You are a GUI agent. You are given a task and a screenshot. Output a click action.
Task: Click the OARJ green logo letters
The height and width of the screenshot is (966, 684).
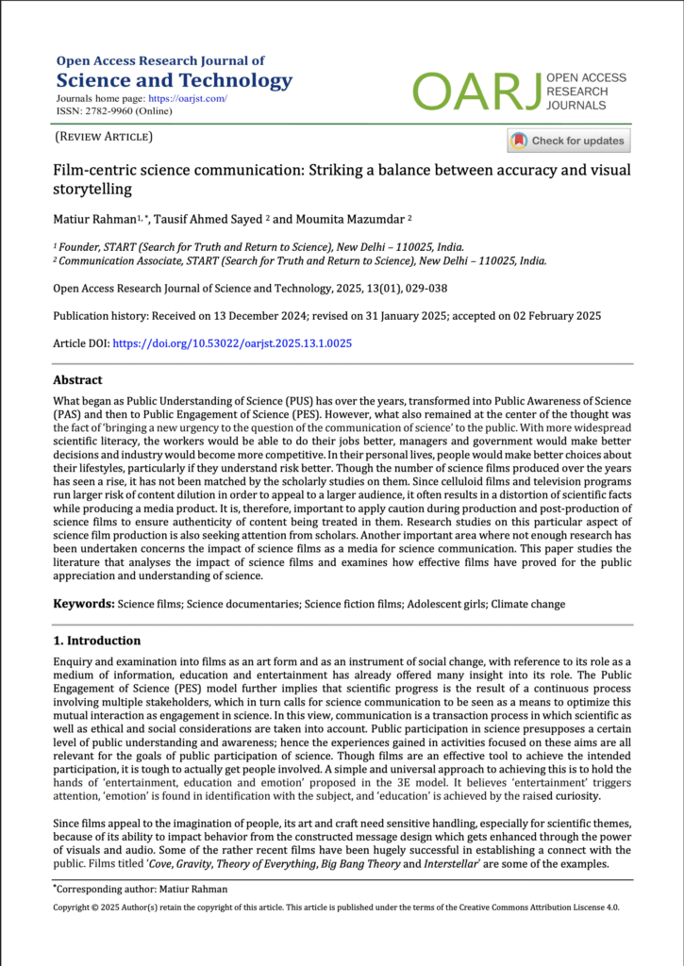click(x=476, y=91)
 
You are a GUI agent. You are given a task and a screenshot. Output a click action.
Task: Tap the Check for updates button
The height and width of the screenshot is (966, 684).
click(x=569, y=141)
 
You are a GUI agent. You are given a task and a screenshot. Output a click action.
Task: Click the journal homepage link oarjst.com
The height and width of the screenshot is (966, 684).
click(x=192, y=98)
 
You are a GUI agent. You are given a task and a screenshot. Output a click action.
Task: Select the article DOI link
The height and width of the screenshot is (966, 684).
click(x=232, y=344)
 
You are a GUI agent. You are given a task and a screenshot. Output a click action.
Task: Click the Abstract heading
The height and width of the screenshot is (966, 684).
click(x=77, y=380)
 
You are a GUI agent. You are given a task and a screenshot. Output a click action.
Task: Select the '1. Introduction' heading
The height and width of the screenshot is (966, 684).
click(x=97, y=641)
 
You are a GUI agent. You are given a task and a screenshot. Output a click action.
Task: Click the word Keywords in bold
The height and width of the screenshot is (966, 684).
click(x=83, y=603)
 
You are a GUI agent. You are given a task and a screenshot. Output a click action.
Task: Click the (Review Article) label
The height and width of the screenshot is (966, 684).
click(x=104, y=138)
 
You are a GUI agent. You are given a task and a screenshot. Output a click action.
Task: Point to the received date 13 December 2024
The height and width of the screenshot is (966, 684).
click(x=247, y=315)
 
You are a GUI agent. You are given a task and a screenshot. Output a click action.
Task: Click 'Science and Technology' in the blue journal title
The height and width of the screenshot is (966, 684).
click(x=175, y=80)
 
